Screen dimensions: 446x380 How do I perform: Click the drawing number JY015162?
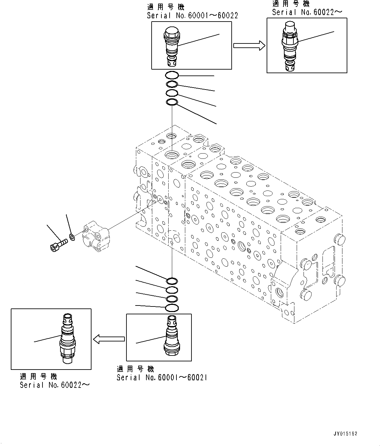tap(345, 434)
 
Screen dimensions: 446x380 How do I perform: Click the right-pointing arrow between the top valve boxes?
tap(249, 45)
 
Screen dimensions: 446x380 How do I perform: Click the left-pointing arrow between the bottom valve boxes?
tap(109, 339)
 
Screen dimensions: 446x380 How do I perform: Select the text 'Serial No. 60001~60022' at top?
tap(192, 15)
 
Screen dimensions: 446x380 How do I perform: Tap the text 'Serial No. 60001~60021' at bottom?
tap(162, 378)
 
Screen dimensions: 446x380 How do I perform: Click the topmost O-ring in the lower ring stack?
tap(172, 281)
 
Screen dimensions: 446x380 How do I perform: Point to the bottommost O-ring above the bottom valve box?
tap(172, 307)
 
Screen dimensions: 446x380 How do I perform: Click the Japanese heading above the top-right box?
tap(291, 4)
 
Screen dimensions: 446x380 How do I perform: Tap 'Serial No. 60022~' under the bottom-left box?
tap(54, 385)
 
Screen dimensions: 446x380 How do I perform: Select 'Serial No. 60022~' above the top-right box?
tap(307, 12)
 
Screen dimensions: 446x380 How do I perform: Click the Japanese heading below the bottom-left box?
tap(38, 377)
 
